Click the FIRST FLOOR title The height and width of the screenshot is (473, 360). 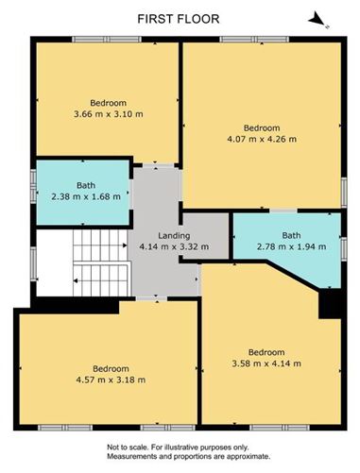180,17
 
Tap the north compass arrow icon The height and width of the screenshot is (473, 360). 318,18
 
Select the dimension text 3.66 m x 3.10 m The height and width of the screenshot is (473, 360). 108,114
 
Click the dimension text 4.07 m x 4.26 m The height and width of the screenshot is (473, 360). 262,140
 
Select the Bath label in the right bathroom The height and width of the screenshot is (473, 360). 291,236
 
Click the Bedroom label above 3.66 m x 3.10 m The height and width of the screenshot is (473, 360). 108,103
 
